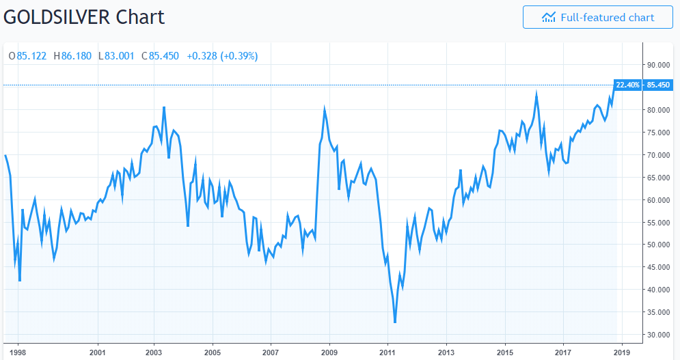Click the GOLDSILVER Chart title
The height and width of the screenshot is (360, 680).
click(x=85, y=16)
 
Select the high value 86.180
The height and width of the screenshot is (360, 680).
click(x=75, y=56)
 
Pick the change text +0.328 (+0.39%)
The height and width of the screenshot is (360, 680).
click(x=222, y=56)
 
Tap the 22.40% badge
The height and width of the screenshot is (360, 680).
click(x=627, y=85)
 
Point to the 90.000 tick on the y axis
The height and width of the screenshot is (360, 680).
click(x=657, y=65)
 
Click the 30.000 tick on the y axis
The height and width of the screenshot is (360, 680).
click(x=657, y=335)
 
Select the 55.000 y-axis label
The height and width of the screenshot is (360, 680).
click(x=657, y=223)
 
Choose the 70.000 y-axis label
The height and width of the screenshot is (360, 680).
click(x=657, y=155)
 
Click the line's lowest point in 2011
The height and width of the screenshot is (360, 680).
click(x=395, y=322)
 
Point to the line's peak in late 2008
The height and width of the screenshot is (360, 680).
click(x=325, y=108)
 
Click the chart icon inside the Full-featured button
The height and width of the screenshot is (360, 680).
click(x=549, y=17)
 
